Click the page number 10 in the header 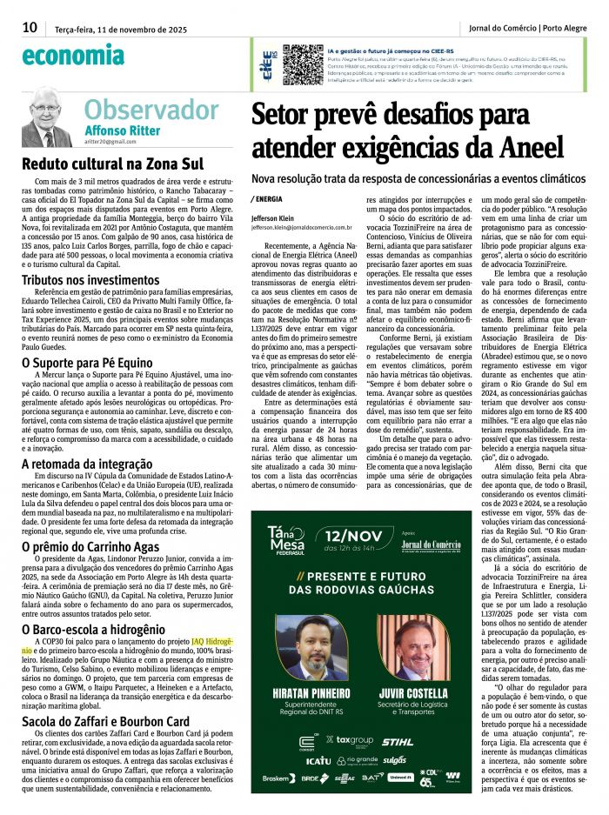point(30,27)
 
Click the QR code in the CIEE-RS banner point(303,63)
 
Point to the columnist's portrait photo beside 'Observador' point(48,117)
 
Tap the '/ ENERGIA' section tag point(272,198)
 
